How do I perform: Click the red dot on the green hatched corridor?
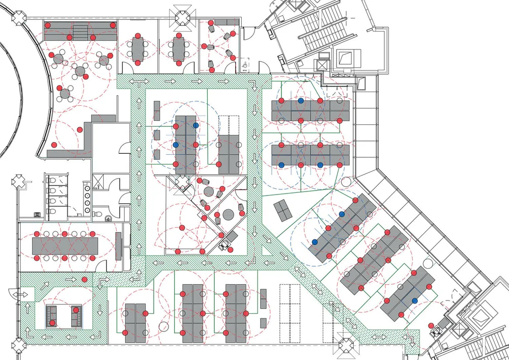84,280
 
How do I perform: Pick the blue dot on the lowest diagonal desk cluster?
415,301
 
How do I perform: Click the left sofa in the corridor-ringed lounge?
51,316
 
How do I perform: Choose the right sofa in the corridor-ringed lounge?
76,316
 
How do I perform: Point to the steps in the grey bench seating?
79,32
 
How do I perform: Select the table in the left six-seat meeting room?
137,49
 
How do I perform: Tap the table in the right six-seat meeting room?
178,49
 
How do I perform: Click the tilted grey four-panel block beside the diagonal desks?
283,209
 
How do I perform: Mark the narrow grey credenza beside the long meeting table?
118,245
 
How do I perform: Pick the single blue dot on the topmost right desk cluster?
301,101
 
